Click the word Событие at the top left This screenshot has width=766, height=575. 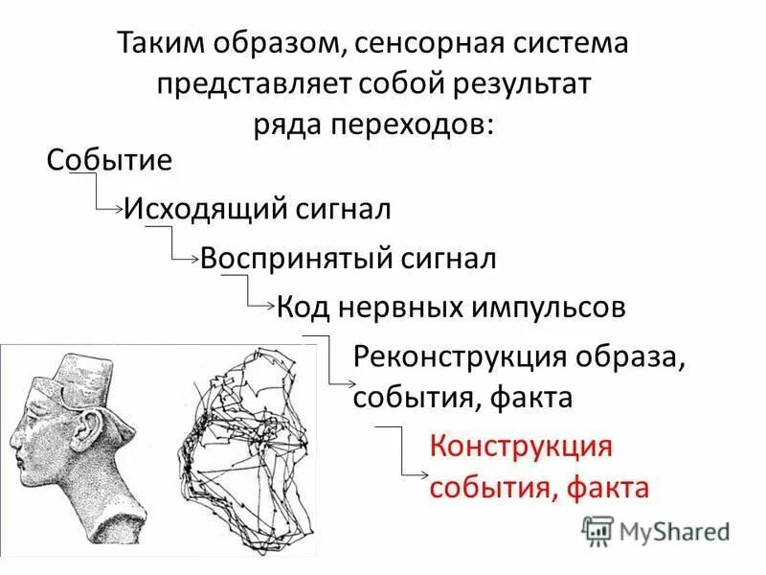click(x=109, y=159)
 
